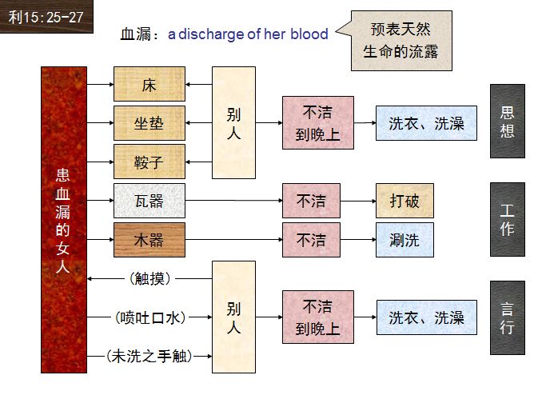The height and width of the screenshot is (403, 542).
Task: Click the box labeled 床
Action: (149, 84)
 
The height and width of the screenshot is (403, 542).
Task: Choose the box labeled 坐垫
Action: (149, 123)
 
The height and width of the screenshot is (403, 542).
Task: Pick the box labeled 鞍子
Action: (149, 162)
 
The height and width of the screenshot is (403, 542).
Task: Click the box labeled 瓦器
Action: (149, 201)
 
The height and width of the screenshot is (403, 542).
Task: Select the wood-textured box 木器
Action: (149, 240)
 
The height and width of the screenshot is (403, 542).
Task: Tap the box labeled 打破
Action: (405, 201)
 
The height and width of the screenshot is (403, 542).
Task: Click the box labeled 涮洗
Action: (405, 240)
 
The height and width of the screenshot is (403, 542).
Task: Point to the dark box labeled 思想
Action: (507, 121)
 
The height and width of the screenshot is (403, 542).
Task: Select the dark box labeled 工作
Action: (507, 219)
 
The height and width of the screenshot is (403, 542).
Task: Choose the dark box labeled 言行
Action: (507, 317)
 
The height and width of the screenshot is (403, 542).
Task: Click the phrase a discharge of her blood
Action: (248, 34)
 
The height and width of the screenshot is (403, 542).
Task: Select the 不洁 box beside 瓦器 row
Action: (311, 201)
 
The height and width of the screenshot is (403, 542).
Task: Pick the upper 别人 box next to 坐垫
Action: (233, 122)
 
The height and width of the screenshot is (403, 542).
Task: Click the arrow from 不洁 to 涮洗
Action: (357, 240)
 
